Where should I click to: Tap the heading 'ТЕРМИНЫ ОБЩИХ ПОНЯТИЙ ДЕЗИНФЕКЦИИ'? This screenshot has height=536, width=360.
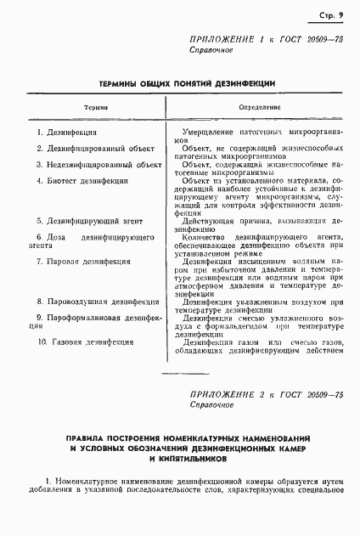pos(179,84)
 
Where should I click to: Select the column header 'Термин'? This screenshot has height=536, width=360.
pos(94,108)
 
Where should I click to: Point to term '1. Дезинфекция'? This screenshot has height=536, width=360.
pos(67,133)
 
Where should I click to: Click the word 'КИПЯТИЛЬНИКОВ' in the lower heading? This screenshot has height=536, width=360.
pos(179,457)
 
